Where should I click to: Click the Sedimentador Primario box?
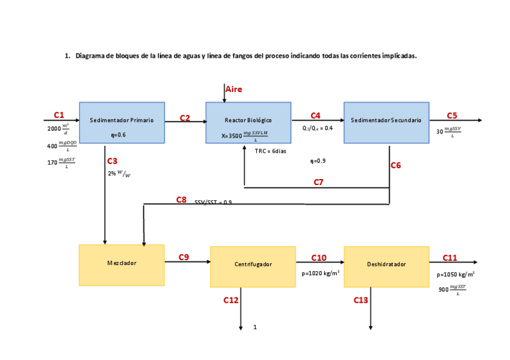[121, 123]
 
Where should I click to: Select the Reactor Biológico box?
[248, 123]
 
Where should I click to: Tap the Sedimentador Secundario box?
[386, 123]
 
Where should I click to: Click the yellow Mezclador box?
[121, 264]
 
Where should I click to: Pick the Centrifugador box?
[253, 266]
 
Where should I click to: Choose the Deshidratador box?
[386, 266]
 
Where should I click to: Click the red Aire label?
[234, 90]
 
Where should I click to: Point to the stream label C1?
[58, 114]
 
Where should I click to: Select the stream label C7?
[319, 182]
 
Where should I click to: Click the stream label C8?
[181, 200]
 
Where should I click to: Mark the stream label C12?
[231, 300]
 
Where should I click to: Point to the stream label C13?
[361, 300]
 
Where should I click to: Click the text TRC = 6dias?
[270, 151]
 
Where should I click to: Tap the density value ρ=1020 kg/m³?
[321, 273]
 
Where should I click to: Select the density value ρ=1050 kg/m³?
[455, 274]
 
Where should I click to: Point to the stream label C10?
[319, 258]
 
